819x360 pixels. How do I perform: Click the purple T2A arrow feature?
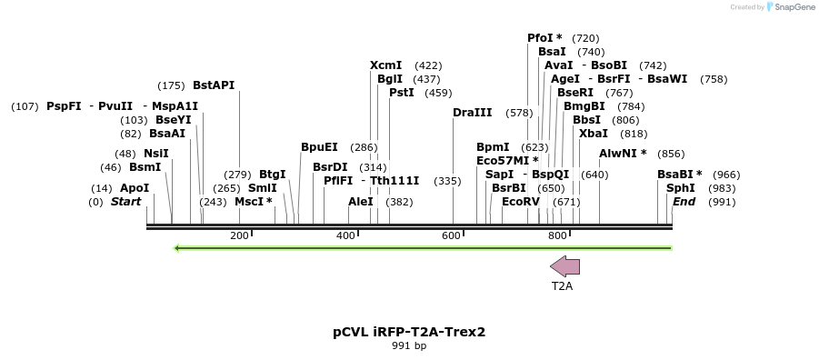coord(564,265)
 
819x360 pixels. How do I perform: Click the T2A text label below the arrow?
coord(563,285)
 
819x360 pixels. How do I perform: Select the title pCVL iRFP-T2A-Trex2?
coord(409,332)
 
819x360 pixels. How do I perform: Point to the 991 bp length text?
coord(409,346)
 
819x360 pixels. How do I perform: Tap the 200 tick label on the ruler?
coord(239,236)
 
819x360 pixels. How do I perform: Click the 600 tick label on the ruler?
coord(452,236)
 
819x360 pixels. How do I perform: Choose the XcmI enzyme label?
coord(386,65)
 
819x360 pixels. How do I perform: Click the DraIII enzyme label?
coord(472,113)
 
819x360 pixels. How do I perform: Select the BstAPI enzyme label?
coord(214,85)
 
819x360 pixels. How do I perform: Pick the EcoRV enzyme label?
coord(521,202)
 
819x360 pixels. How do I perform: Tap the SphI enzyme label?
coord(681,188)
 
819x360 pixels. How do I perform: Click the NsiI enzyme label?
coord(155,154)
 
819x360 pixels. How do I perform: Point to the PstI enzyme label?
coord(402,93)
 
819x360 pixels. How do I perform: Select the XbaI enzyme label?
coord(594,134)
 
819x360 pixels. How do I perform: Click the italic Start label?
coord(126,202)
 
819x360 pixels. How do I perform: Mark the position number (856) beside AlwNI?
coord(671,154)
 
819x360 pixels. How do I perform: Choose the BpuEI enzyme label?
coord(319,147)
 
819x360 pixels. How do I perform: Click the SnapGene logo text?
coord(793,7)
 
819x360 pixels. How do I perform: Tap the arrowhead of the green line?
coord(177,247)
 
